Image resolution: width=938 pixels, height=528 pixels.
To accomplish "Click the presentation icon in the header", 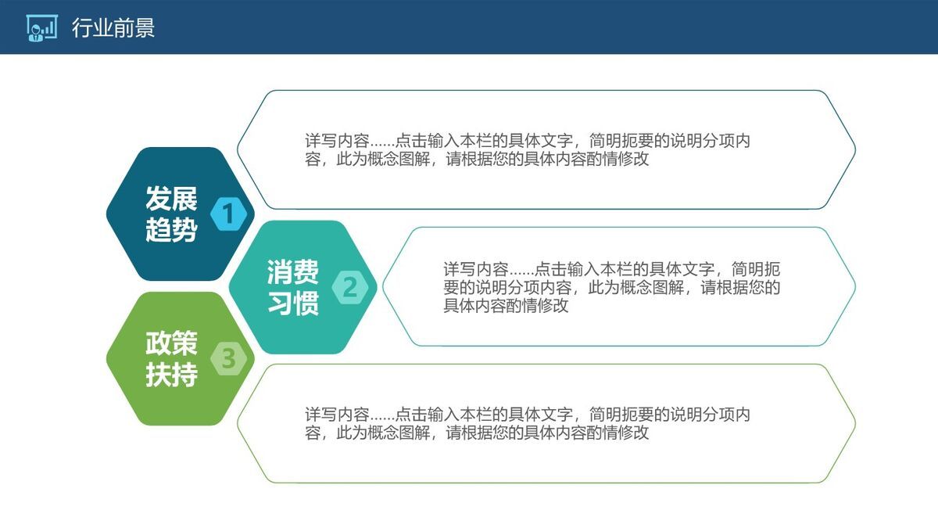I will click(41, 27).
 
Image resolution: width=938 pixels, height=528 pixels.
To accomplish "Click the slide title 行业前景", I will click(113, 28).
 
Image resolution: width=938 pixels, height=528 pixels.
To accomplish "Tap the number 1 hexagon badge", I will click(228, 213).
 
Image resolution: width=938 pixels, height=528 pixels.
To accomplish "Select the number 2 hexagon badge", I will click(350, 288).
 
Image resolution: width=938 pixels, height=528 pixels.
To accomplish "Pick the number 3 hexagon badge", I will click(228, 358).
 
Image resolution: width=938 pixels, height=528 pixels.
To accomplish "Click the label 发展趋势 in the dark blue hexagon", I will click(171, 214).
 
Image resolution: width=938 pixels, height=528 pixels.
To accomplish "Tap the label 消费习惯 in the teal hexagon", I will click(293, 287).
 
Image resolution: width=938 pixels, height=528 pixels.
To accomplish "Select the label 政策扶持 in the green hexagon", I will click(171, 359).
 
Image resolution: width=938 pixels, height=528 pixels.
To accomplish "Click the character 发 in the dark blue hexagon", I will click(159, 199).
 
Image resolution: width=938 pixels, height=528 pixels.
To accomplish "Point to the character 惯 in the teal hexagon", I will click(306, 304).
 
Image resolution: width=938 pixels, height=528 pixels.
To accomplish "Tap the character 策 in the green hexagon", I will click(184, 343).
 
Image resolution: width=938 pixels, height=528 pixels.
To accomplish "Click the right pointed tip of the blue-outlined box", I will click(855, 149).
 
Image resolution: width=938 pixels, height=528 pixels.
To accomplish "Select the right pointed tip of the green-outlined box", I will click(855, 423).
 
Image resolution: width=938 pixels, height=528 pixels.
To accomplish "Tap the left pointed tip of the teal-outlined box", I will click(383, 286).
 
